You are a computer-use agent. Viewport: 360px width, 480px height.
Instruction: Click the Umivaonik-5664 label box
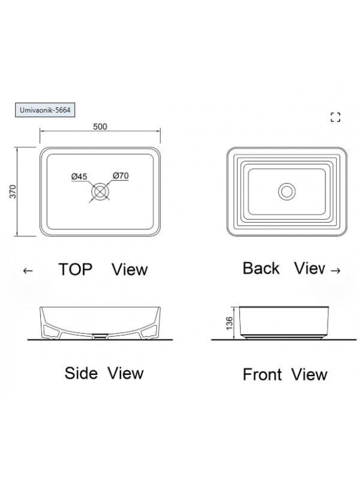pos(45,110)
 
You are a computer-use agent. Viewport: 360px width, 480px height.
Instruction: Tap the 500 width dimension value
pos(100,127)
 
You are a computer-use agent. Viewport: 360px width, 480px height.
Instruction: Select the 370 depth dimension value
pos(13,191)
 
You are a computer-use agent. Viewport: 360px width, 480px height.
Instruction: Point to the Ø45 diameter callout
pos(79,176)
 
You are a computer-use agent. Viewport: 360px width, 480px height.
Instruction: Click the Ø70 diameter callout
pos(121,176)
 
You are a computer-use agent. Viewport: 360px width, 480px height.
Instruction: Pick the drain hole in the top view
pos(100,191)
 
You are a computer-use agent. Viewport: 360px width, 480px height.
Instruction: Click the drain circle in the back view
pos(287,191)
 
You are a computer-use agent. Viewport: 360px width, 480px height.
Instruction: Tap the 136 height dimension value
pos(229,323)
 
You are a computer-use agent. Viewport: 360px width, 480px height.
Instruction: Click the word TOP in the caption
pos(76,269)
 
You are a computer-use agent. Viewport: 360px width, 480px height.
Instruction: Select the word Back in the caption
pos(261,268)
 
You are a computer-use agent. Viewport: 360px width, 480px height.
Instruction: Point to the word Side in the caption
pos(81,373)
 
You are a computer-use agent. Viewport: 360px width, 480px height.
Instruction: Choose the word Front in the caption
pos(262,374)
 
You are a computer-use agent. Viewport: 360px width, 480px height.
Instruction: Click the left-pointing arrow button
pos(28,271)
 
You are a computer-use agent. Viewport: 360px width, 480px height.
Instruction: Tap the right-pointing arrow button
pos(336,271)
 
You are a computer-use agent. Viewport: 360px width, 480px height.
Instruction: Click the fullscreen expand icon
pos(335,117)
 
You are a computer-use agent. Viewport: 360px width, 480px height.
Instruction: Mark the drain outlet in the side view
pos(100,335)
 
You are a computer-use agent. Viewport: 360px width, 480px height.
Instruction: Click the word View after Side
pos(125,373)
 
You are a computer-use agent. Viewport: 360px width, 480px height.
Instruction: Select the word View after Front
pos(309,374)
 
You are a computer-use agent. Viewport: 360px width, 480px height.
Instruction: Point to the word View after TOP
pos(130,269)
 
